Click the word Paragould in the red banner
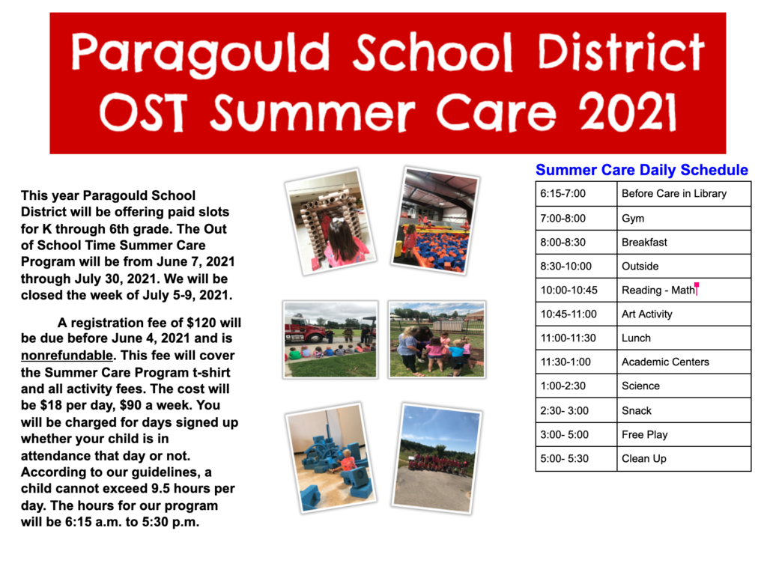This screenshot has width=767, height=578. click(201, 53)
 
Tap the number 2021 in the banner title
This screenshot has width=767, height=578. click(628, 112)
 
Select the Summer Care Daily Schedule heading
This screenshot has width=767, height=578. click(642, 170)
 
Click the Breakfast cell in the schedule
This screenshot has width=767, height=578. click(684, 242)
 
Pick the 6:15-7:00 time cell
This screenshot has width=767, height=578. click(576, 194)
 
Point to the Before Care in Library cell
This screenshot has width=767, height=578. click(684, 194)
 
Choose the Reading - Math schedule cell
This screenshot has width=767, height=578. click(684, 290)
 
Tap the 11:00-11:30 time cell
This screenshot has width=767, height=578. click(576, 338)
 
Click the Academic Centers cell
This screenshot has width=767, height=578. click(684, 362)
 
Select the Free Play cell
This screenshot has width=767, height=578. click(684, 435)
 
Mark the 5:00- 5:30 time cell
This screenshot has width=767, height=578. click(576, 459)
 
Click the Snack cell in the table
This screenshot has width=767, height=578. click(684, 410)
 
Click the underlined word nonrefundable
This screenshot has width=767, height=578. click(67, 355)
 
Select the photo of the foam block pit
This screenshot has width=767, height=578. click(435, 221)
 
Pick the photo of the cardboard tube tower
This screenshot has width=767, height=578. click(330, 222)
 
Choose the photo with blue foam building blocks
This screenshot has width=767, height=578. click(330, 458)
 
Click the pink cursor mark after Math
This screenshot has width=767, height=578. click(697, 288)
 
